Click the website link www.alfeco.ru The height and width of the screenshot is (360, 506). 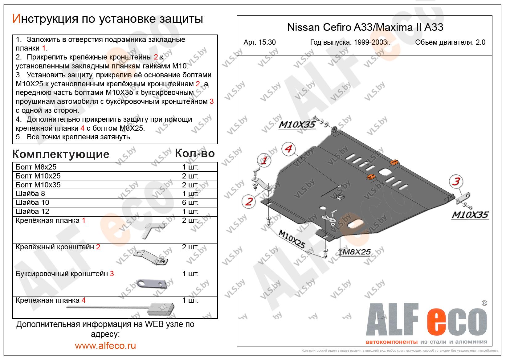coord(105,346)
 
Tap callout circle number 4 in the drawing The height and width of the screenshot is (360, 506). coord(288,149)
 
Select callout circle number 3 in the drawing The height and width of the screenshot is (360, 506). coord(456,181)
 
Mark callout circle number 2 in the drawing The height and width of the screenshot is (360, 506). coord(249,202)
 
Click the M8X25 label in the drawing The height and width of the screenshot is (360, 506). coord(356,252)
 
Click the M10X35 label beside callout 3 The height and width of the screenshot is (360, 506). coord(470,215)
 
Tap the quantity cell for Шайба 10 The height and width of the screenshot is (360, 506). coord(190,202)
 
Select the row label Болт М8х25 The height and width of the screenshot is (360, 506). coord(36,167)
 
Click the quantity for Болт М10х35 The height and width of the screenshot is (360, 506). coord(190,185)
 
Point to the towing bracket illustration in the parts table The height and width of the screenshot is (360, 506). coord(151,283)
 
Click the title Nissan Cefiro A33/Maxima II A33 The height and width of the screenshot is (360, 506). coord(365,27)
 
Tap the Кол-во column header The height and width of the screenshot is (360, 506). coord(194,153)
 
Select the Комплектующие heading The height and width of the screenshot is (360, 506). coord(61,154)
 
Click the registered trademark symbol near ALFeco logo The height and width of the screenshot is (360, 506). coord(484,303)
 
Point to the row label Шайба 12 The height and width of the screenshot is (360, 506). coord(32,211)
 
